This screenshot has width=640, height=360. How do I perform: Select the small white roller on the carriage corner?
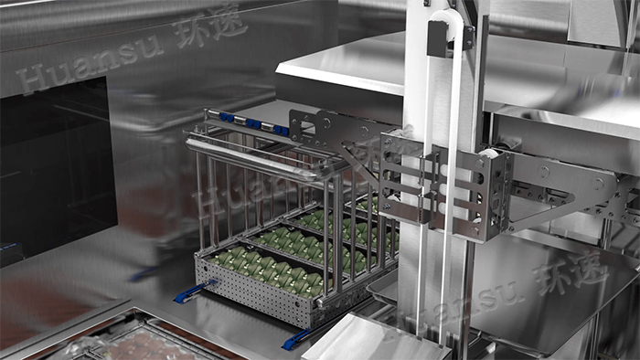pos(488,154)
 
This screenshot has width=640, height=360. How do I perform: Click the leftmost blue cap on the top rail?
pos(223,117)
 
